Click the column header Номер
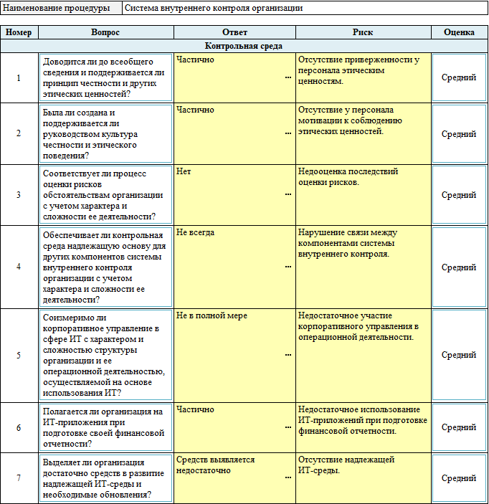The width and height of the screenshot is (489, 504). click(19, 33)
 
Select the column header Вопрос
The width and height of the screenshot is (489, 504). click(105, 33)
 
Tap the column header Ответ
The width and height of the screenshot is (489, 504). click(234, 33)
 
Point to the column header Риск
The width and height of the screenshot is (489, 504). click(362, 33)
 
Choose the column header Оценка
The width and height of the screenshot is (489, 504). click(459, 33)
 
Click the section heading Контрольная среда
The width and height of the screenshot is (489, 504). click(244, 46)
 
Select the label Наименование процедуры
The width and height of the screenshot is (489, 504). click(57, 9)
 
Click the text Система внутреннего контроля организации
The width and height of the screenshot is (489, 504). click(214, 9)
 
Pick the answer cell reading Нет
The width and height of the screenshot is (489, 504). click(184, 172)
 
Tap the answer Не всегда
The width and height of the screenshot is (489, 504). click(195, 233)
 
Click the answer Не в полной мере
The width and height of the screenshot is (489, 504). click(212, 315)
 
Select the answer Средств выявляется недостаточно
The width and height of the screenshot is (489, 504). click(215, 465)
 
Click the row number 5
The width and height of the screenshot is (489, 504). click(19, 355)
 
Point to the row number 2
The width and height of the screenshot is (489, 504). click(19, 134)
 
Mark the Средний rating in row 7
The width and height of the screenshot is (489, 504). click(459, 478)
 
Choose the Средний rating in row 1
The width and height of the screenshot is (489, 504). click(459, 77)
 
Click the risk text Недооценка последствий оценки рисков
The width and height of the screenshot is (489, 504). click(348, 177)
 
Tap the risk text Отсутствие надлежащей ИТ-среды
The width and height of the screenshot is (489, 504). click(346, 465)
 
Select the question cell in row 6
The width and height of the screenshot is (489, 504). click(105, 427)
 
